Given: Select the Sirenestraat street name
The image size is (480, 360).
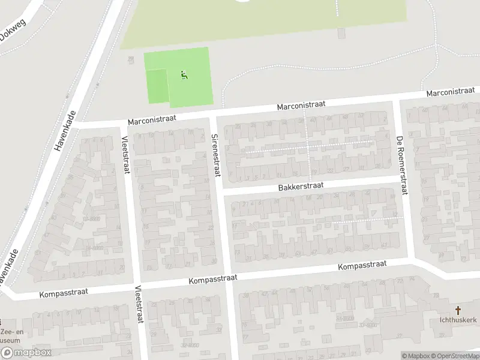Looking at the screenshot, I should pyautogui.click(x=216, y=155).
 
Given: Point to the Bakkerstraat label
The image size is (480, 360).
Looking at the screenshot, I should pyautogui.click(x=301, y=187).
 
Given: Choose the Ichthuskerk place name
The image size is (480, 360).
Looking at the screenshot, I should pyautogui.click(x=457, y=320).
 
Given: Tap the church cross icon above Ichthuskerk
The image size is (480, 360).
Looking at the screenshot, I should pyautogui.click(x=458, y=310).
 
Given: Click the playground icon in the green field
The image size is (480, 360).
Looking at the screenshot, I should pyautogui.click(x=184, y=75).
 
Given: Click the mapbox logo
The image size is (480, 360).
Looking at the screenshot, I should pyautogui.click(x=25, y=353).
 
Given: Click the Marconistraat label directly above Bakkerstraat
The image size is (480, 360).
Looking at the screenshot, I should pyautogui.click(x=301, y=105).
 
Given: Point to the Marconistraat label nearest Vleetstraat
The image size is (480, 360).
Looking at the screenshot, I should pyautogui.click(x=152, y=119).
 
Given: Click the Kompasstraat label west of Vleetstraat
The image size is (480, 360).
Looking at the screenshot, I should pyautogui.click(x=64, y=292).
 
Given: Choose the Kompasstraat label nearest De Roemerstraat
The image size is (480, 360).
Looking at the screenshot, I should pyautogui.click(x=362, y=265).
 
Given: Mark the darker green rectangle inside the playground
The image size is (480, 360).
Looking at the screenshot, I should pyautogui.click(x=157, y=86).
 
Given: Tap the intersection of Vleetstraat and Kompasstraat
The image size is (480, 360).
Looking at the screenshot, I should pyautogui.click(x=135, y=286).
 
